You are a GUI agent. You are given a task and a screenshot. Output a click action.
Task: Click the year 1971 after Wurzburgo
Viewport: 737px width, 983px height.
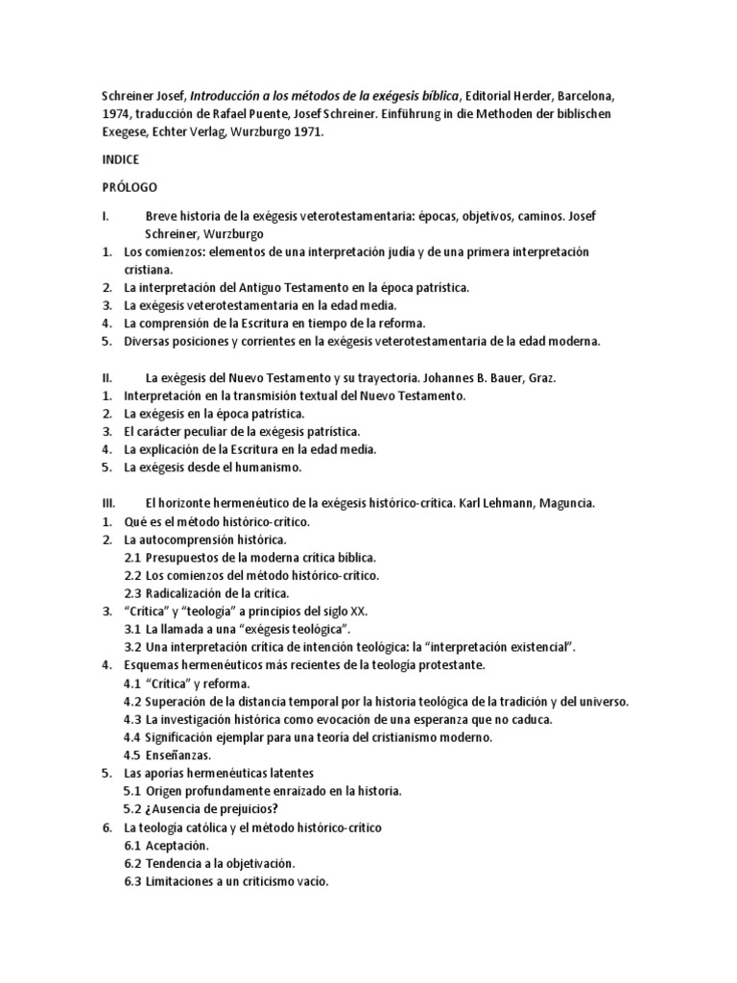304,132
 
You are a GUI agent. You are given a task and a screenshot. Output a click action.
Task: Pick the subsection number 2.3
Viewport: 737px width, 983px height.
132,592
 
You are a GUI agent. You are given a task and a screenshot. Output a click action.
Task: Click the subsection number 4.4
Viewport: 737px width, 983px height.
132,736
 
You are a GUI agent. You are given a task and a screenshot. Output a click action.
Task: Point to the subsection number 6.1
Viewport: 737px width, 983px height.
132,845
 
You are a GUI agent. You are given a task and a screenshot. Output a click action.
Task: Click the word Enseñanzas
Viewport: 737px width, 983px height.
179,755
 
